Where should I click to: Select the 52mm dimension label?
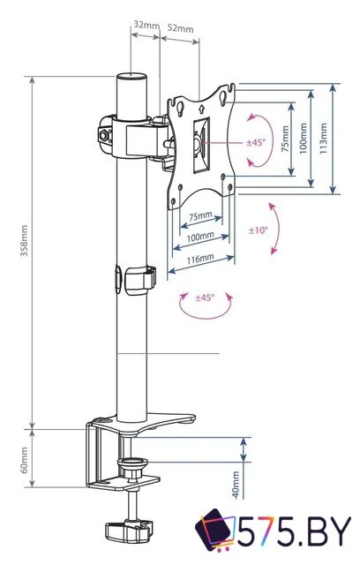click(180, 28)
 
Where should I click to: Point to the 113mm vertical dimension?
click(324, 138)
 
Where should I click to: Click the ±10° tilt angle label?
click(257, 230)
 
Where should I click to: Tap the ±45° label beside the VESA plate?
click(256, 142)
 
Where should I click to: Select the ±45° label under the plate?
click(204, 298)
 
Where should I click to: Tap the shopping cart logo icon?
click(215, 532)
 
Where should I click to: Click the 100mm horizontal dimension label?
click(199, 237)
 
